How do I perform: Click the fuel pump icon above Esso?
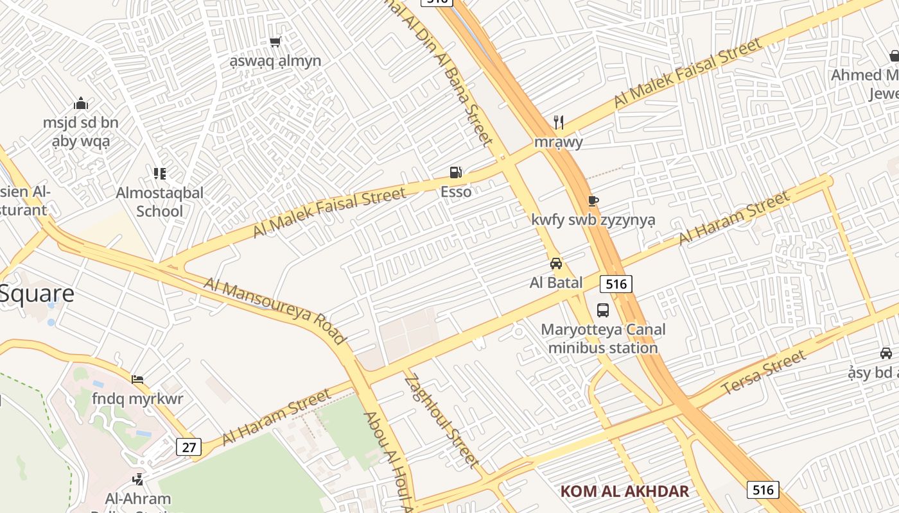coord(455,172)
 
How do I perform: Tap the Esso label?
coord(456,192)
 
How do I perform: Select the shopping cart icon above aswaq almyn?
coord(275,42)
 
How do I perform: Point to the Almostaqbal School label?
coord(160,201)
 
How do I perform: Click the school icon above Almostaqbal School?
coord(160,173)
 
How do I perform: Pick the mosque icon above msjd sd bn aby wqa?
coord(81,103)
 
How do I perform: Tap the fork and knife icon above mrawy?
coord(559,122)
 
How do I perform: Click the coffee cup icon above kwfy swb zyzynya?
coord(593,201)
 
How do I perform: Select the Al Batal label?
coord(556,283)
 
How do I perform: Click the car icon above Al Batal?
coord(556,263)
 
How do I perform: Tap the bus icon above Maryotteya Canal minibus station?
coord(603,310)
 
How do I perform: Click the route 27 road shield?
coord(189,446)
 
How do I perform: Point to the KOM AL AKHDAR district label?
coord(625,492)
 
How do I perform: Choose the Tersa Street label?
coord(763,373)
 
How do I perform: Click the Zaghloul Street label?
coord(442,421)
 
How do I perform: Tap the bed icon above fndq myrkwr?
coord(137,379)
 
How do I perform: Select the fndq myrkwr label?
coord(137,399)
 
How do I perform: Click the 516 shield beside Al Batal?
coord(616,283)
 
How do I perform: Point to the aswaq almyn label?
coord(275,62)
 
